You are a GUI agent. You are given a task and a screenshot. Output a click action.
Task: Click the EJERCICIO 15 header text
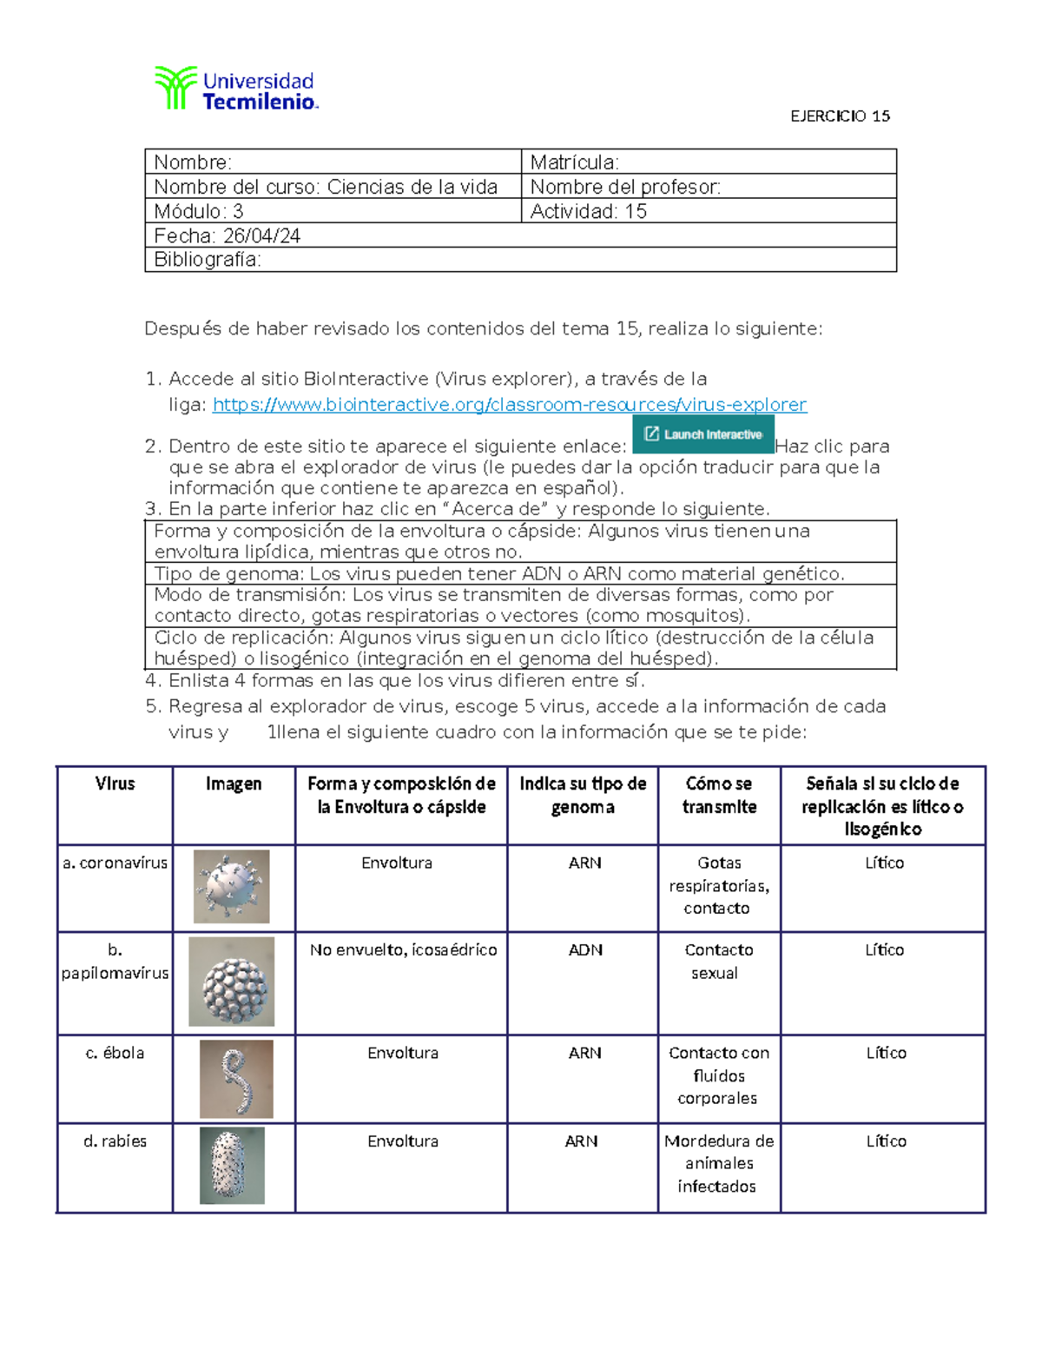pyautogui.click(x=840, y=116)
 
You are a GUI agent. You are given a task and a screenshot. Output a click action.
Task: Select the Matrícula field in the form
pyautogui.click(x=708, y=162)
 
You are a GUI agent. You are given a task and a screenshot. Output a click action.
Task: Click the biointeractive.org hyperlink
pyautogui.click(x=510, y=405)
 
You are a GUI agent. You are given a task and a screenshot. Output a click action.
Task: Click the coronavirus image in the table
pyautogui.click(x=232, y=886)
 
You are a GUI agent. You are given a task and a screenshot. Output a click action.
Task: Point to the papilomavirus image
pyautogui.click(x=232, y=982)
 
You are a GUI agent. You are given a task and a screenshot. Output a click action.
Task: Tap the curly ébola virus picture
pyautogui.click(x=236, y=1078)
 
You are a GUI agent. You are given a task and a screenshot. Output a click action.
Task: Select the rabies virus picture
pyautogui.click(x=232, y=1165)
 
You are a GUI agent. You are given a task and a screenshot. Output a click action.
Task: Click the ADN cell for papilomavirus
pyautogui.click(x=584, y=950)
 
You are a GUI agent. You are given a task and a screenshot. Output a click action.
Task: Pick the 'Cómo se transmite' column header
pyautogui.click(x=719, y=795)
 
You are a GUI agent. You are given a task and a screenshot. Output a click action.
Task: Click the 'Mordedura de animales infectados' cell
pyautogui.click(x=718, y=1163)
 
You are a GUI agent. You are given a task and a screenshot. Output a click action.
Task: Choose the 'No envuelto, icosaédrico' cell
pyautogui.click(x=403, y=950)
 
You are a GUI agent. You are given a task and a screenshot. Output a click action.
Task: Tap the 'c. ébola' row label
pyautogui.click(x=115, y=1053)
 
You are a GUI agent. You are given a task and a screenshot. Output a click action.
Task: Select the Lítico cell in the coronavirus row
pyautogui.click(x=884, y=863)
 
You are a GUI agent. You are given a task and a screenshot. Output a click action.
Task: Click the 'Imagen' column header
pyautogui.click(x=233, y=784)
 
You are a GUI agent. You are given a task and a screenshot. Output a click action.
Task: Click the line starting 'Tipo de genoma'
pyautogui.click(x=499, y=573)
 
